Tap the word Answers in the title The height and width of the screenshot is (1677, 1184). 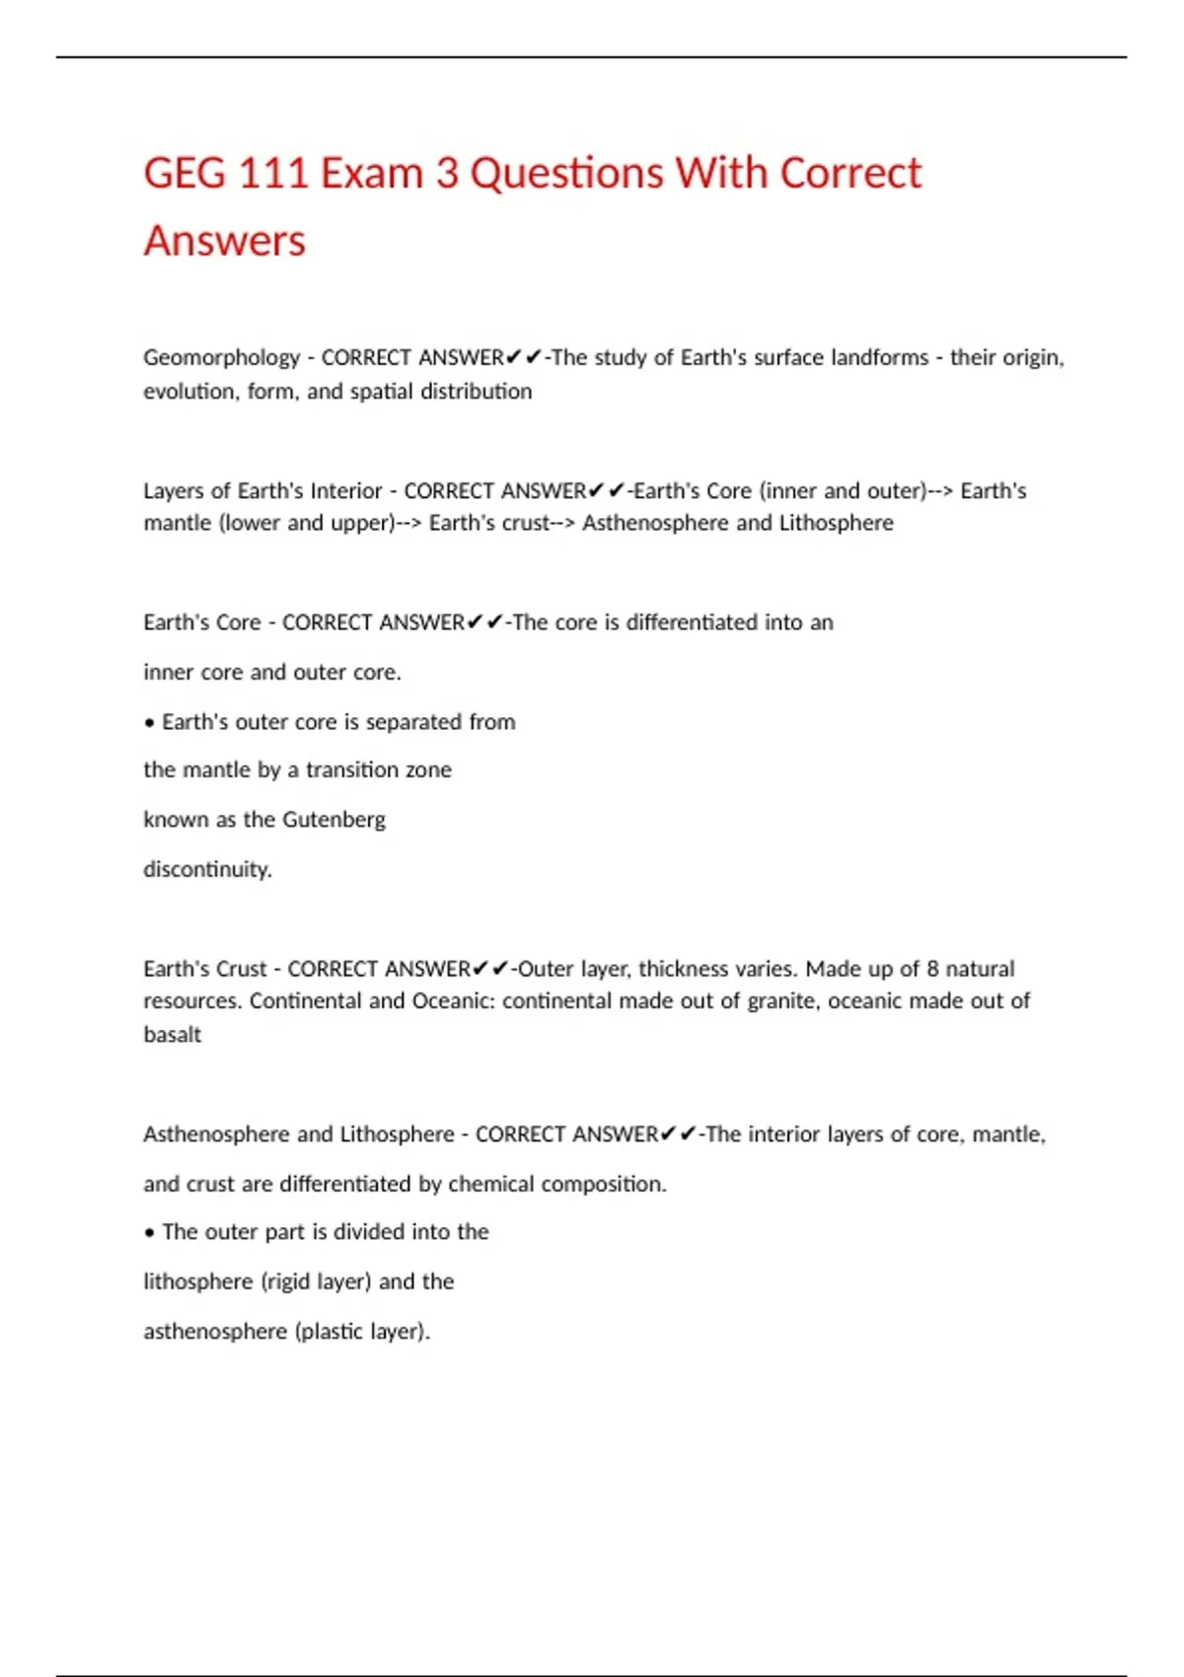click(x=225, y=242)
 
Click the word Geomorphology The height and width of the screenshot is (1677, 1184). click(x=221, y=358)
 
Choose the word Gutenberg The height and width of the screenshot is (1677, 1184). click(x=333, y=820)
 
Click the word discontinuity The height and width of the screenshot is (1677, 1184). click(x=207, y=869)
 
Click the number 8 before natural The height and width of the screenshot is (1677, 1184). click(x=932, y=969)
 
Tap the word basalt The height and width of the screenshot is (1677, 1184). click(x=173, y=1035)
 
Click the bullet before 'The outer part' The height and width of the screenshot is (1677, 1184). click(x=150, y=1233)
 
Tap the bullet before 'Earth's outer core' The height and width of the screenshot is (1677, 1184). click(x=150, y=723)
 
